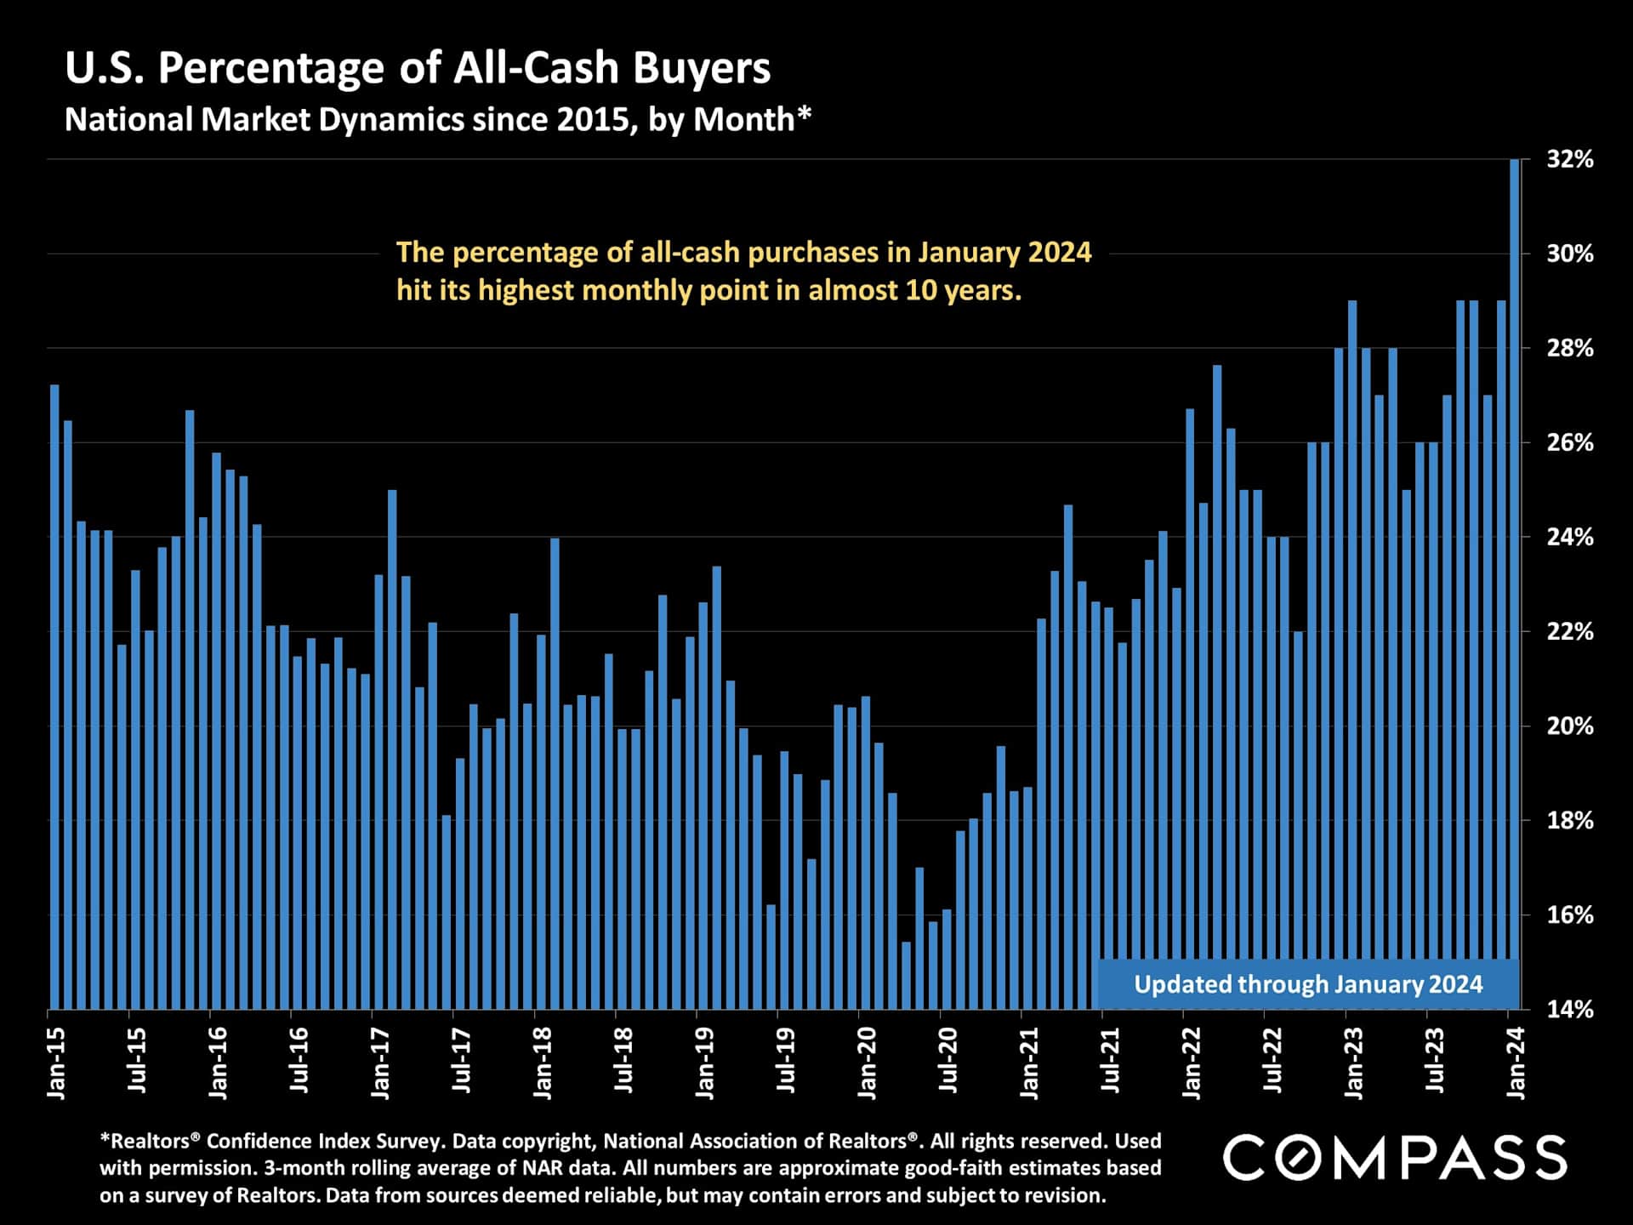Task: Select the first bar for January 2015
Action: pos(54,698)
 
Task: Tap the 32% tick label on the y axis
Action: pos(1569,159)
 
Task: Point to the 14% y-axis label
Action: pos(1569,1009)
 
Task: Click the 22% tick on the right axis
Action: pos(1569,631)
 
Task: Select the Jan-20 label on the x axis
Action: pos(867,1063)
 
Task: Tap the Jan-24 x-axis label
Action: pos(1516,1063)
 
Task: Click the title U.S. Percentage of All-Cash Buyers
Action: pos(418,68)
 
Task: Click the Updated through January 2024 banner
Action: pos(1308,984)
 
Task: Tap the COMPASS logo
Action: pos(1395,1158)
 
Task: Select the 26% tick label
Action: pos(1569,442)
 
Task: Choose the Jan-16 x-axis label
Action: pos(218,1063)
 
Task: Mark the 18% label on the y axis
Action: pos(1569,820)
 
